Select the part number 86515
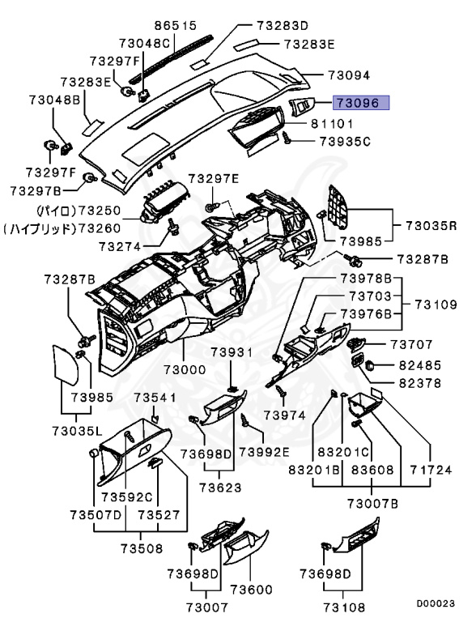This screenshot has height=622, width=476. click(x=176, y=25)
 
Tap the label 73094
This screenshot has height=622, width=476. click(x=349, y=75)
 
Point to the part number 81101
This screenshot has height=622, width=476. click(x=332, y=124)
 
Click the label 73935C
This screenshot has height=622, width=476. click(x=346, y=141)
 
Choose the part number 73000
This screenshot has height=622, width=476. click(x=185, y=369)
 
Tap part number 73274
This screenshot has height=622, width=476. click(x=120, y=247)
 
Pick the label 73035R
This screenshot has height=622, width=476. click(x=431, y=226)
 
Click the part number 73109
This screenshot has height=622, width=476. click(x=436, y=305)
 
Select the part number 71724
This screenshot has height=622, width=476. click(x=431, y=470)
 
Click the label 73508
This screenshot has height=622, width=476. click(x=142, y=548)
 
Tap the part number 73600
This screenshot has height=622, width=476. click(x=252, y=590)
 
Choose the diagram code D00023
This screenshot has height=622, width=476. click(x=436, y=603)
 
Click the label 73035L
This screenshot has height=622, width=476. click(x=77, y=430)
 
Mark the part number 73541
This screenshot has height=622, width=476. click(x=155, y=397)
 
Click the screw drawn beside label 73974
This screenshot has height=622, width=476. click(x=281, y=390)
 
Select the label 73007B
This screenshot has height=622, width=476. click(x=373, y=504)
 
